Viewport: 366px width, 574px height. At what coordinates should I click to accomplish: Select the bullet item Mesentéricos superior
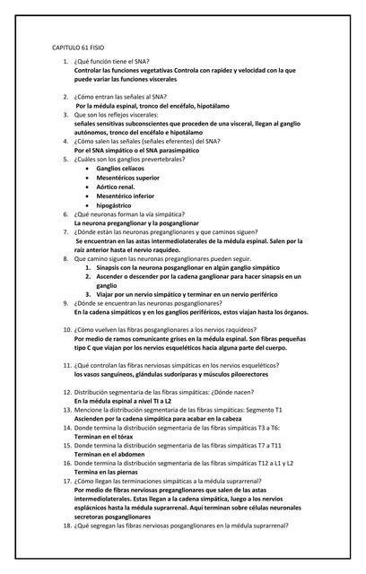128,178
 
